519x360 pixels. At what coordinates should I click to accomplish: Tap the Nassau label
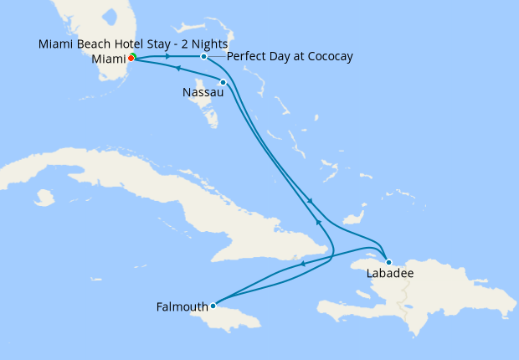click(202, 94)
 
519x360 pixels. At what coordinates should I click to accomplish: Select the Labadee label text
click(390, 273)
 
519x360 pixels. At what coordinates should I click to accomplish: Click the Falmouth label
click(182, 306)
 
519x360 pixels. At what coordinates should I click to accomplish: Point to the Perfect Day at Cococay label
click(290, 56)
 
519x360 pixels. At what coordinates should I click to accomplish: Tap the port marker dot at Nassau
click(223, 81)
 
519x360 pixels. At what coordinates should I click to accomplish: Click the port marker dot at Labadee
click(388, 262)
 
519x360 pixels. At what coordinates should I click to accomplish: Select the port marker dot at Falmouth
click(213, 306)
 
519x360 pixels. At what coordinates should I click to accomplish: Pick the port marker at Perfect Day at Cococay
click(203, 56)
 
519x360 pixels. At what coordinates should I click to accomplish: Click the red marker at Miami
click(131, 59)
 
